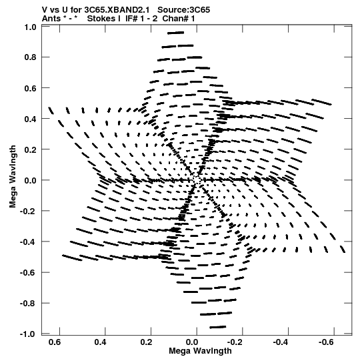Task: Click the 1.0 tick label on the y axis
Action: (x=30, y=27)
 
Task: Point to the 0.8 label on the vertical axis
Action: (x=30, y=57)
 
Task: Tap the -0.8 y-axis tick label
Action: (x=28, y=303)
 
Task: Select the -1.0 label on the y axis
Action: (x=28, y=334)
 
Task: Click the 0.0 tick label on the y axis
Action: (x=30, y=180)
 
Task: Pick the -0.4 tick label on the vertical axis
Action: (x=28, y=242)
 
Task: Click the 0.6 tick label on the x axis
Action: (x=55, y=342)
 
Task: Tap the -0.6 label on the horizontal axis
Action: (x=327, y=342)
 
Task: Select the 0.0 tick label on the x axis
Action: (x=192, y=342)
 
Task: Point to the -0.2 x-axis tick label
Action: (x=235, y=342)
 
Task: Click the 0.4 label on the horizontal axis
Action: (x=100, y=342)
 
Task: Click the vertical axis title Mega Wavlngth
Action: (x=13, y=177)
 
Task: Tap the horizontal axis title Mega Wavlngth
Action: (x=200, y=351)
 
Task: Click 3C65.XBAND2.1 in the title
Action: (x=117, y=10)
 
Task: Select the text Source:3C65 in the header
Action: (x=183, y=10)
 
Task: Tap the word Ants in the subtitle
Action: (x=51, y=19)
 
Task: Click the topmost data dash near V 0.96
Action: (x=176, y=33)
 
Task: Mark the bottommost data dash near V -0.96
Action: (x=217, y=327)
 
